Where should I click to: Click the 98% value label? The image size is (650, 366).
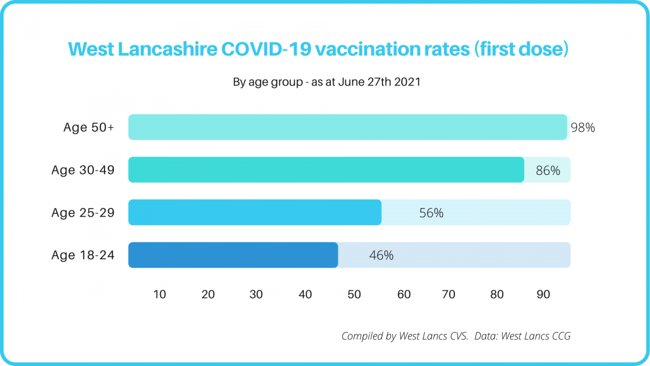pyautogui.click(x=583, y=128)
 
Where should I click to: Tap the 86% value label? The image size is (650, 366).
pyautogui.click(x=548, y=171)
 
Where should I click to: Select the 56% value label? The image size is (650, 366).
pyautogui.click(x=431, y=213)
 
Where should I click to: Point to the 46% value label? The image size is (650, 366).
pyautogui.click(x=381, y=256)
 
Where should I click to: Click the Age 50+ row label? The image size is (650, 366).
pyautogui.click(x=89, y=128)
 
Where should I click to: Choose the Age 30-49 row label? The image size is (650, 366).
pyautogui.click(x=83, y=171)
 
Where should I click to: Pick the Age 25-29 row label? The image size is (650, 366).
pyautogui.click(x=83, y=213)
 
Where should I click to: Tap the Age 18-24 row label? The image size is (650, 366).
pyautogui.click(x=83, y=256)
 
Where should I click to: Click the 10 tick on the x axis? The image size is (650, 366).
pyautogui.click(x=160, y=295)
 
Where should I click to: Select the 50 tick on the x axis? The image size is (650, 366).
pyautogui.click(x=354, y=295)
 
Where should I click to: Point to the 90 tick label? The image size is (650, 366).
pyautogui.click(x=543, y=295)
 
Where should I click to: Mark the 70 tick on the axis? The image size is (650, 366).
pyautogui.click(x=449, y=295)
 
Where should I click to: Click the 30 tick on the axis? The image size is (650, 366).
pyautogui.click(x=256, y=295)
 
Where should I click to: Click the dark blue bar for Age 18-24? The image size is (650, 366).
pyautogui.click(x=233, y=255)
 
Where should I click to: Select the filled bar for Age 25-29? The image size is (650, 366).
pyautogui.click(x=254, y=212)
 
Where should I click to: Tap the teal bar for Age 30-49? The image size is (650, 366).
pyautogui.click(x=326, y=170)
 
